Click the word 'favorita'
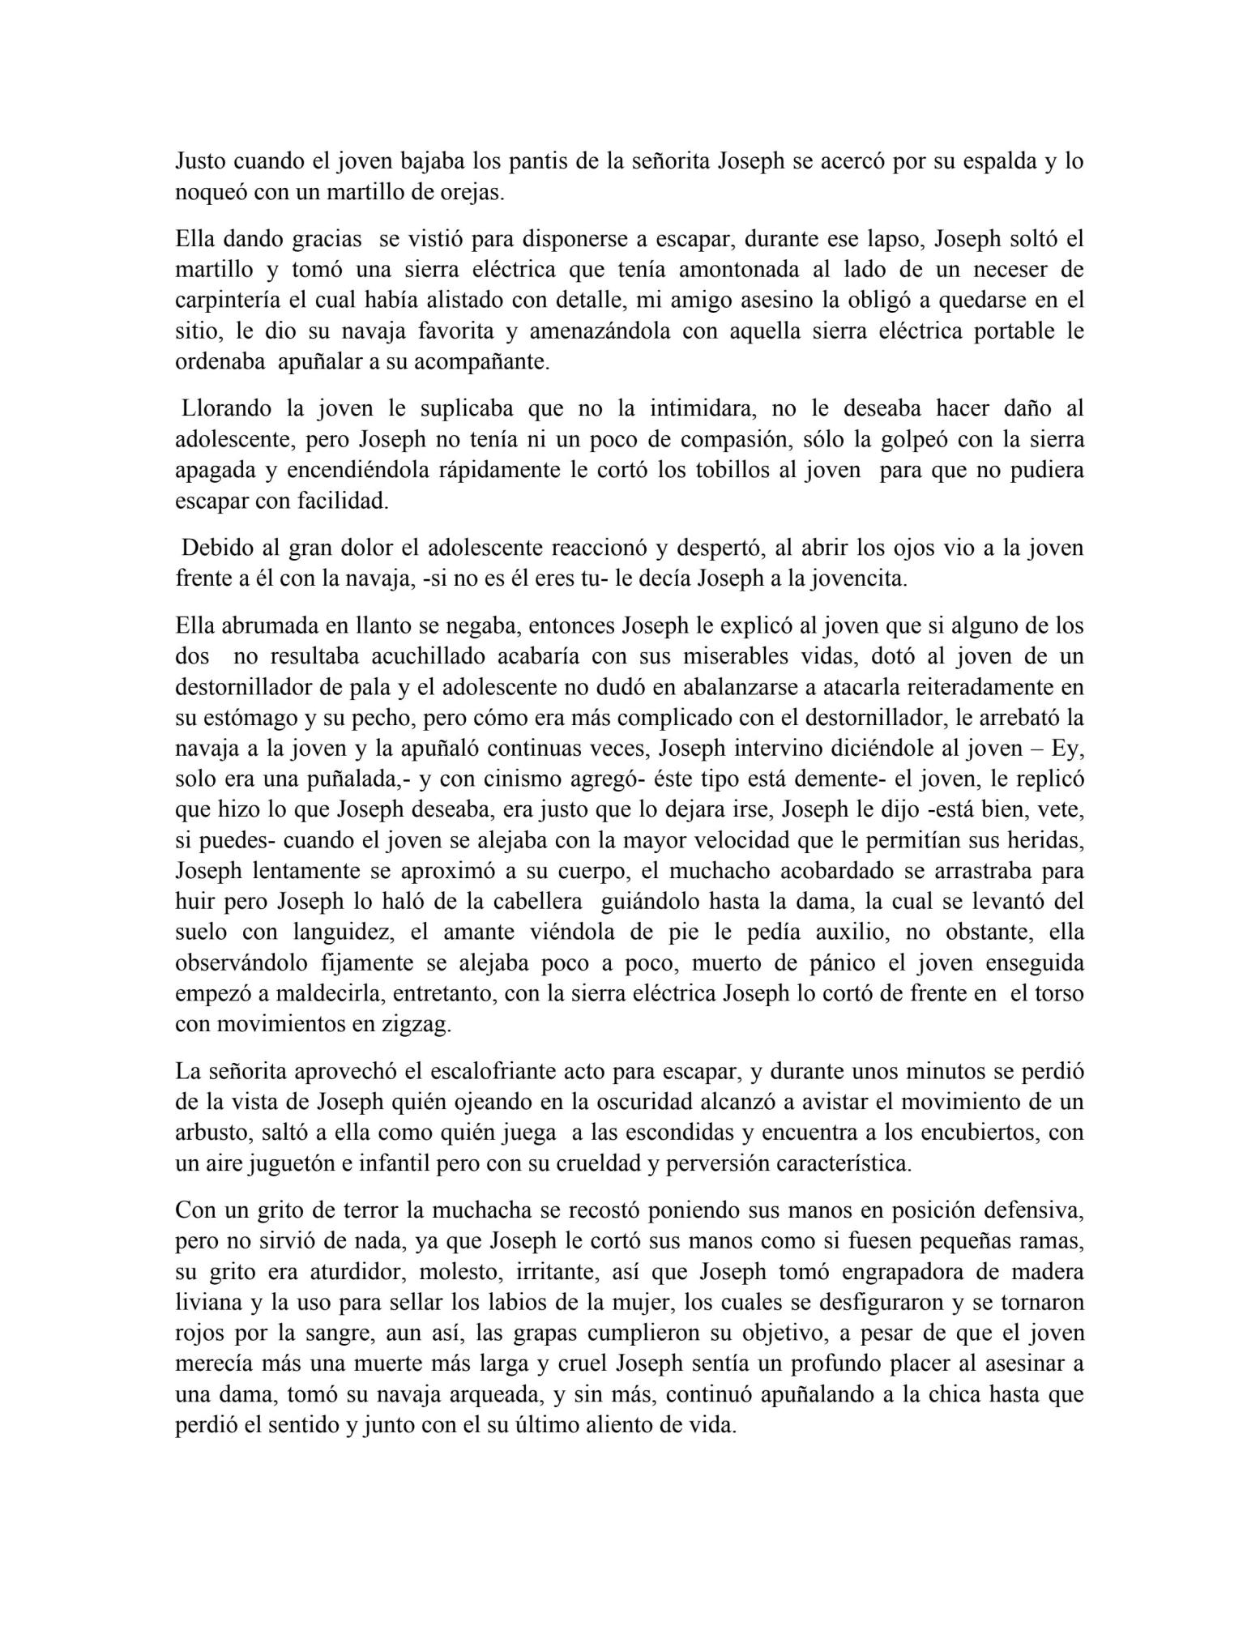click(x=454, y=331)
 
